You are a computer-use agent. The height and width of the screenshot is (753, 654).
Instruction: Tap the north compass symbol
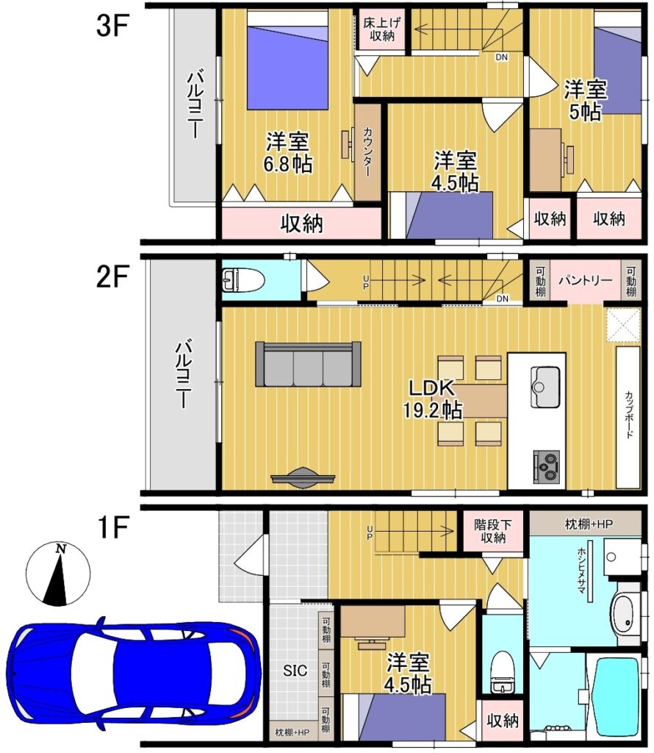click(57, 574)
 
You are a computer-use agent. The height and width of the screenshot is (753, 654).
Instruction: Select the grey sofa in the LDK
click(308, 364)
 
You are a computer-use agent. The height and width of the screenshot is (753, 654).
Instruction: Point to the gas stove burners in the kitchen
click(547, 465)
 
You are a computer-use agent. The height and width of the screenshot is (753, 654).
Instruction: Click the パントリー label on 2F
click(586, 280)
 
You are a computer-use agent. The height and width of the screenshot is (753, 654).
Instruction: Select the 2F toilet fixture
click(243, 280)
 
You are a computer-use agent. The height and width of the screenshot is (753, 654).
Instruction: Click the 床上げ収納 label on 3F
click(382, 29)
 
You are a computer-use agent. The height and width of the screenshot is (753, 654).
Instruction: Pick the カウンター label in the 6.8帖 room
click(367, 151)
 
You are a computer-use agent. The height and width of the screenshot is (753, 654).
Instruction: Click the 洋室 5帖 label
click(586, 100)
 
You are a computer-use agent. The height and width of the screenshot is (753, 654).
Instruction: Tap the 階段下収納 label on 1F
click(493, 531)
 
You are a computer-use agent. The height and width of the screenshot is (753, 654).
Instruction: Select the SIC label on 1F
click(295, 671)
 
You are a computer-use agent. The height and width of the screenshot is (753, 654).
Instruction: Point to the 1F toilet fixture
click(503, 672)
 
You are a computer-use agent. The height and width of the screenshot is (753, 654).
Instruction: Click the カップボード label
click(629, 415)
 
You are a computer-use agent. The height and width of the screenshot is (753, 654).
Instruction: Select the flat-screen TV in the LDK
click(303, 478)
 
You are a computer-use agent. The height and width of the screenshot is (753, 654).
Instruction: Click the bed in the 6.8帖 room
click(287, 60)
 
